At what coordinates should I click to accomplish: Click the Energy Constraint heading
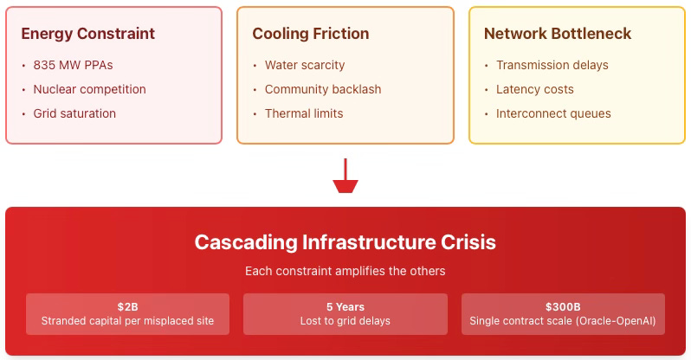[87, 35]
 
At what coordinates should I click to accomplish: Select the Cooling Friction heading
[310, 35]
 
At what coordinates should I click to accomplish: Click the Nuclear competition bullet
[89, 89]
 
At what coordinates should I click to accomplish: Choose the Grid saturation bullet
[74, 113]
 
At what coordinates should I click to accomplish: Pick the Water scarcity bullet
[305, 65]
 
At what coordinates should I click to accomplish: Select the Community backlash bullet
[323, 89]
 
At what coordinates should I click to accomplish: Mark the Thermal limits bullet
[304, 113]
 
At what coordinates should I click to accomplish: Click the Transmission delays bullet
[552, 65]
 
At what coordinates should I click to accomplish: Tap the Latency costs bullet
[535, 89]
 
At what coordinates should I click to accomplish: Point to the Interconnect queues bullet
[553, 113]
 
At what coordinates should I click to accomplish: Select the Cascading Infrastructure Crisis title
[345, 241]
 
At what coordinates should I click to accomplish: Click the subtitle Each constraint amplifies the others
[345, 271]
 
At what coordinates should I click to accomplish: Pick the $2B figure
[128, 306]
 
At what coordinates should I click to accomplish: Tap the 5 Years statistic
[345, 306]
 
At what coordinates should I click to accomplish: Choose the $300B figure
[563, 306]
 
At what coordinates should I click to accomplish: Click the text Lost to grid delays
[345, 321]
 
